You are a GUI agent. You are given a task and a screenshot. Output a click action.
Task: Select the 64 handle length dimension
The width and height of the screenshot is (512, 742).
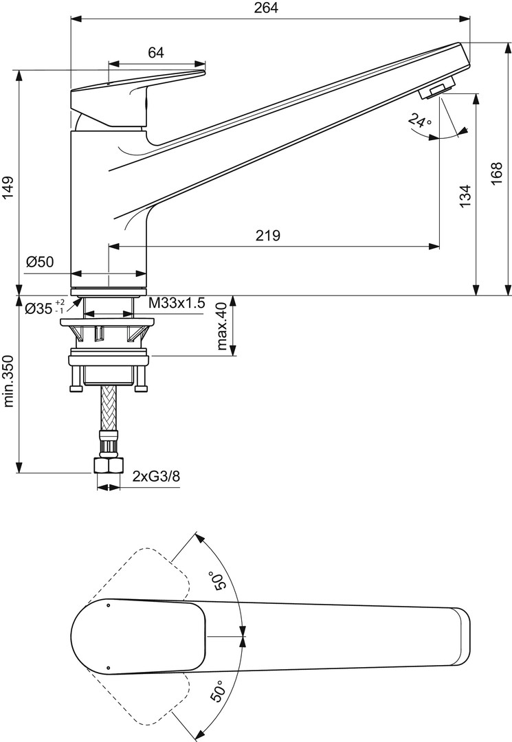click(x=156, y=52)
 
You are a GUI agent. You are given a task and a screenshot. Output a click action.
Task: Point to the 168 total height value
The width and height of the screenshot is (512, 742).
click(x=496, y=174)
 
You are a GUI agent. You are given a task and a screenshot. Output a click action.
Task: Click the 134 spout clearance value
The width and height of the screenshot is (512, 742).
click(x=466, y=195)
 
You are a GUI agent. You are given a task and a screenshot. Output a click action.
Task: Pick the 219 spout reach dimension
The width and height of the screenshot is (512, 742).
click(x=267, y=235)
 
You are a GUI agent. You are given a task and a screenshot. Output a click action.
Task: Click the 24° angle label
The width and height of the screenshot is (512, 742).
click(x=420, y=121)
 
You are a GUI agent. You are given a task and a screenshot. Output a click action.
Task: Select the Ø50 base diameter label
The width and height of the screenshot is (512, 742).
click(x=41, y=262)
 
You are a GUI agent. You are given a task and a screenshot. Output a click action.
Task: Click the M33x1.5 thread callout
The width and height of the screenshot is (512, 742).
click(x=177, y=304)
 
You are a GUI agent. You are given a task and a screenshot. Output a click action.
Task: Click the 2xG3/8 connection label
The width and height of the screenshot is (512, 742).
click(x=156, y=475)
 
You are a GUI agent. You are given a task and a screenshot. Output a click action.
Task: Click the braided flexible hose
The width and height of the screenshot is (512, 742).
click(x=109, y=407)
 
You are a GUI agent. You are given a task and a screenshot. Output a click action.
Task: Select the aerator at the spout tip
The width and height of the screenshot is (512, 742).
click(x=438, y=89)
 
